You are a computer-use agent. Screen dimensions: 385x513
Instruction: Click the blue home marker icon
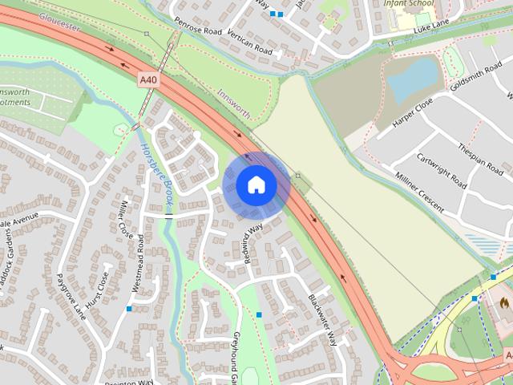pyautogui.click(x=256, y=185)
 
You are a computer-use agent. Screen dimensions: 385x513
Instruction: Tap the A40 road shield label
pyautogui.click(x=148, y=79)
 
